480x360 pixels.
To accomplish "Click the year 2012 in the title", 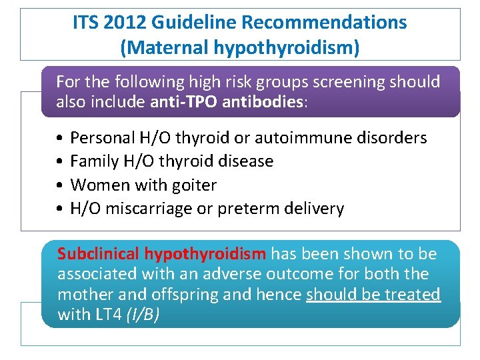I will (127, 23).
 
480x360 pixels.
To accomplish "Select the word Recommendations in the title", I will (324, 23).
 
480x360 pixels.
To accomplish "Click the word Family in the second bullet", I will (93, 161).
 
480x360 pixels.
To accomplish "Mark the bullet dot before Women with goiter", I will (60, 185).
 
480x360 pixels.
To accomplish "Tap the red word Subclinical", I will (98, 254).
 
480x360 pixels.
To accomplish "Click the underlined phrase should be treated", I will (373, 295).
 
